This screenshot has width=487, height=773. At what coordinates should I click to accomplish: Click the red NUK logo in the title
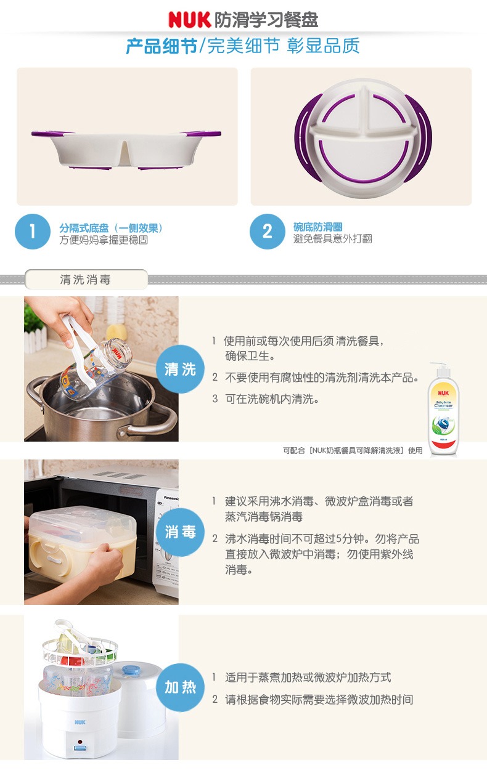tap(189, 19)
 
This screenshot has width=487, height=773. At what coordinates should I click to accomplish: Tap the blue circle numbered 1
tap(33, 231)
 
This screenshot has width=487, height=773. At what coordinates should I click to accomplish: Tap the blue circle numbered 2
tap(268, 231)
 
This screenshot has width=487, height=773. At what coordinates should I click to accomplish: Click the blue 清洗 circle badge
tap(180, 369)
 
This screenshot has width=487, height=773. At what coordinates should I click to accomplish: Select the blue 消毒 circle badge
tap(180, 532)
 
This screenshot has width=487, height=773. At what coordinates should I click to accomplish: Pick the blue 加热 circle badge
tap(180, 687)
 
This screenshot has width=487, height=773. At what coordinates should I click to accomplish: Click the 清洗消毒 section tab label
tap(86, 280)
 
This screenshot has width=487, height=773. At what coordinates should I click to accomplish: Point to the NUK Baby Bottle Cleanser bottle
tap(443, 410)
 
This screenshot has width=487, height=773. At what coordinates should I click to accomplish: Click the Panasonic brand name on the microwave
tap(171, 498)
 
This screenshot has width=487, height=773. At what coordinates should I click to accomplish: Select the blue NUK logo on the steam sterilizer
tap(80, 722)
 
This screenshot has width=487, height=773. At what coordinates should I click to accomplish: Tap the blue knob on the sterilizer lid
tap(131, 670)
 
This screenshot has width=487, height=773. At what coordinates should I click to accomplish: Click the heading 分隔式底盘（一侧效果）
tap(111, 228)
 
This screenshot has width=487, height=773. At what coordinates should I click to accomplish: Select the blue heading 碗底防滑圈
tap(317, 227)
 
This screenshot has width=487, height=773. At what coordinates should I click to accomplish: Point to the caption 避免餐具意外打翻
tap(333, 239)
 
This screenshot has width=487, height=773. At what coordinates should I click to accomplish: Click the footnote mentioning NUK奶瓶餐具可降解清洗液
tap(353, 450)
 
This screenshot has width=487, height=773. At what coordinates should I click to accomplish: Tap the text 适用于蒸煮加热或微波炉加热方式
tap(308, 678)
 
